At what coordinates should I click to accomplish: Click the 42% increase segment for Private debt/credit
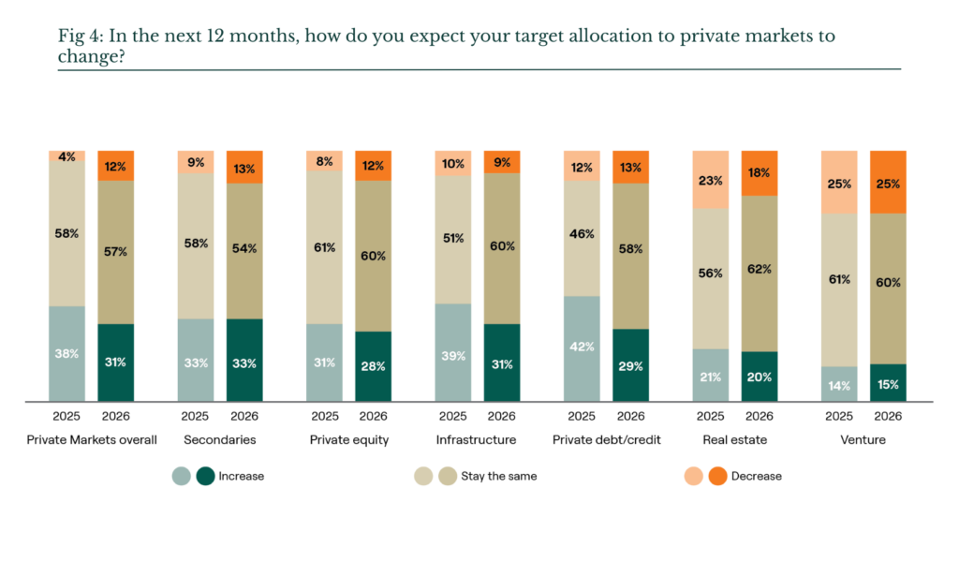pos(582,348)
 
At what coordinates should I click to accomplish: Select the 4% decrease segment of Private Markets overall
pos(66,156)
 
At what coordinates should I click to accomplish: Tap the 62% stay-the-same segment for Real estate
pos(760,274)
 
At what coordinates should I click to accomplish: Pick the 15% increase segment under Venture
pos(888,383)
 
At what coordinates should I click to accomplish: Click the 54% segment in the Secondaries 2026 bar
pos(244,251)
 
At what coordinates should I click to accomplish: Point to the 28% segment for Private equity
pos(373,366)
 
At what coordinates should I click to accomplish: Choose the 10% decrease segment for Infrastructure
pos(453,163)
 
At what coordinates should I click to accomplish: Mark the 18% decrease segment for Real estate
pos(760,173)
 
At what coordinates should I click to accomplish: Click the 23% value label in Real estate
pos(711,181)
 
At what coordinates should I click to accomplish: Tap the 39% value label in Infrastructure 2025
pos(453,356)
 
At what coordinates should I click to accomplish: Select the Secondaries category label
pos(219,440)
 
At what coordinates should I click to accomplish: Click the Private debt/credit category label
pos(607,440)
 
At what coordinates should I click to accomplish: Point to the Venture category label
pos(863,440)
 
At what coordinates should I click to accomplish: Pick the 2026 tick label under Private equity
pos(373,416)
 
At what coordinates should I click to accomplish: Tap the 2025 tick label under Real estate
pos(710,416)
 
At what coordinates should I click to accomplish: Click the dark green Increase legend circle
pos(205,476)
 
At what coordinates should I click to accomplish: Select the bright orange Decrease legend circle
pos(718,476)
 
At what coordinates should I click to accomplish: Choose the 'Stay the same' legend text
pos(499,476)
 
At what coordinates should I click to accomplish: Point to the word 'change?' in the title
pos(91,57)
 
